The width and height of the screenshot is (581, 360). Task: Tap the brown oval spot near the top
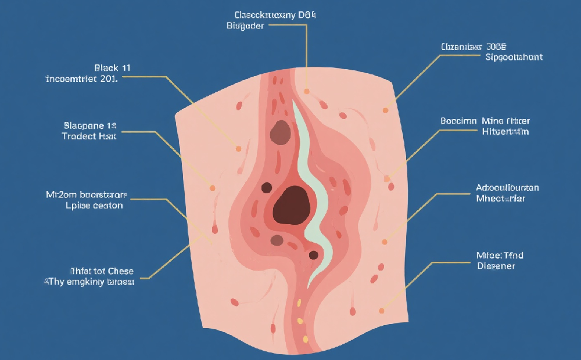pos(280,132)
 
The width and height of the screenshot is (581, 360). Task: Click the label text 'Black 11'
pos(112,68)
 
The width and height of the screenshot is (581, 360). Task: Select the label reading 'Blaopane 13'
pos(90,125)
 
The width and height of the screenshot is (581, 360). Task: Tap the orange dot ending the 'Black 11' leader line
pos(238,149)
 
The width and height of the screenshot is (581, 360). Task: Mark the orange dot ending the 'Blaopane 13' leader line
pos(212,188)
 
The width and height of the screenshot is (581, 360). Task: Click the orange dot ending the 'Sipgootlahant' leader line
pos(385,110)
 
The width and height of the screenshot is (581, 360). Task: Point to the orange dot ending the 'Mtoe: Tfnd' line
pos(382,311)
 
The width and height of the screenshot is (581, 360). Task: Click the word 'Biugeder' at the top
pos(245,26)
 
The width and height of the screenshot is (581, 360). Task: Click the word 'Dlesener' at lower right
pos(496,266)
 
